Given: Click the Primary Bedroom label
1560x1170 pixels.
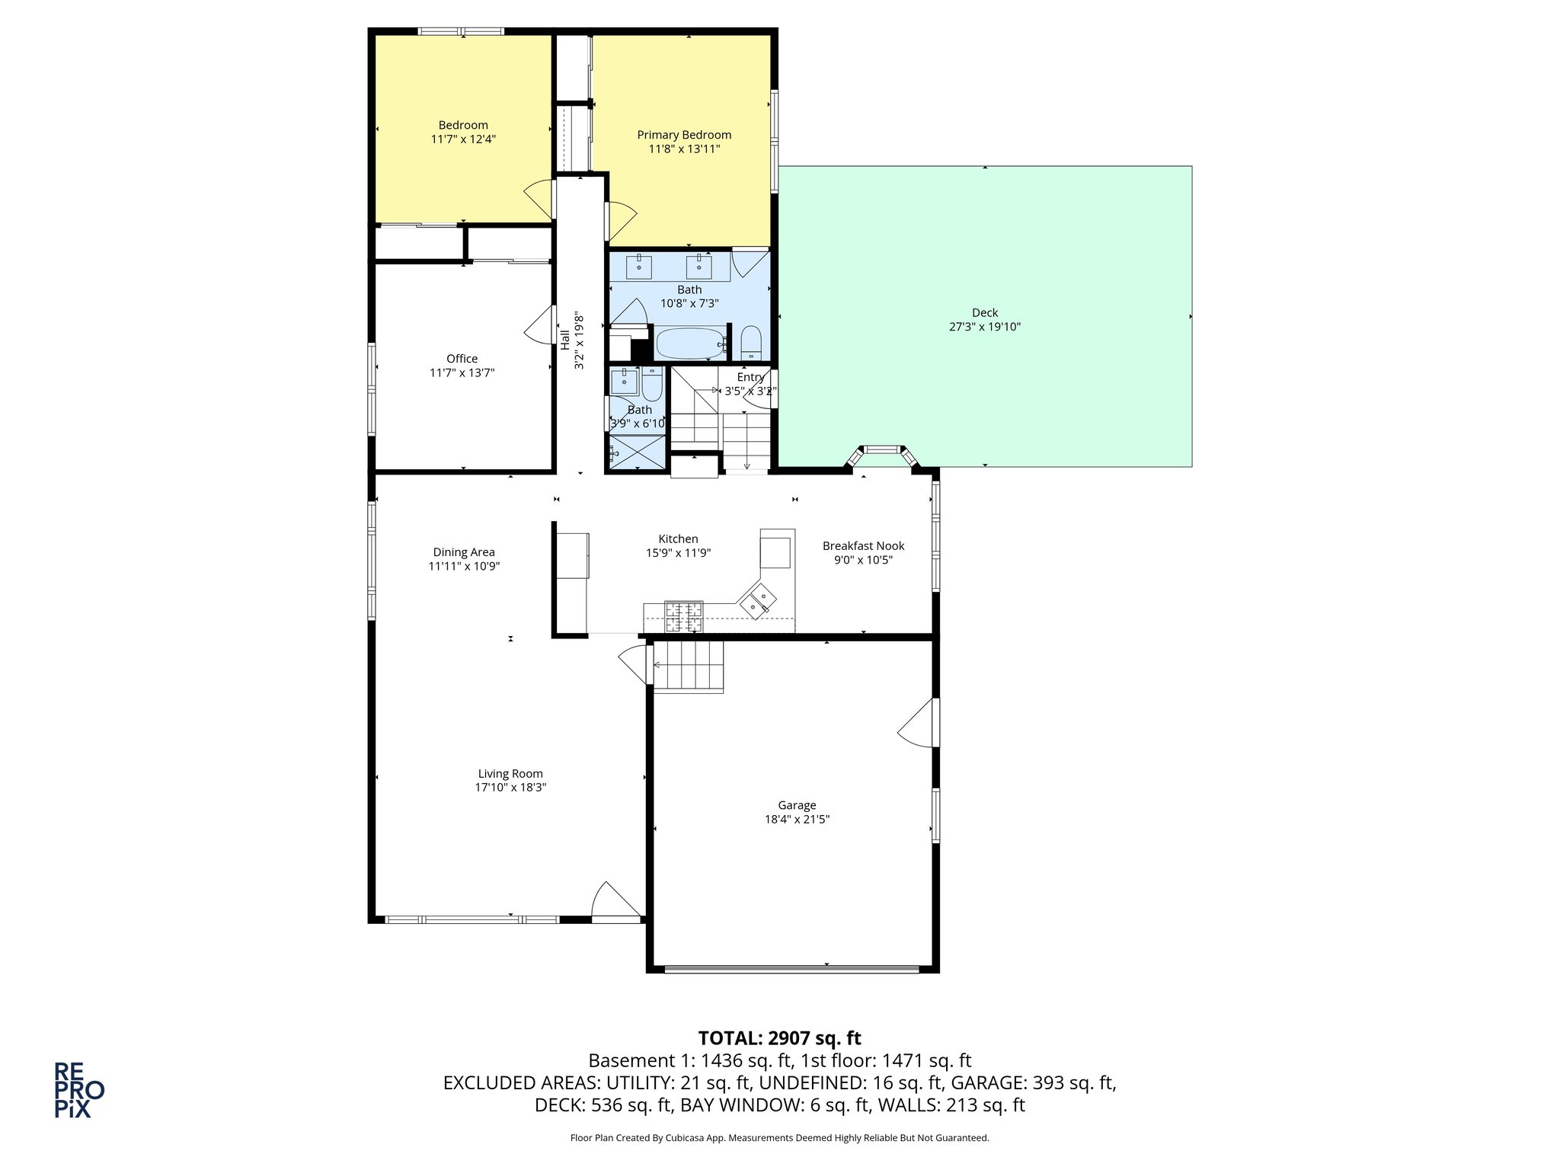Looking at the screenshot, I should [x=684, y=135].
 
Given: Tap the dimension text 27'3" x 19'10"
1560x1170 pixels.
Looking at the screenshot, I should [x=984, y=327].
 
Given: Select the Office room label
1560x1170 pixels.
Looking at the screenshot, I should [x=462, y=359].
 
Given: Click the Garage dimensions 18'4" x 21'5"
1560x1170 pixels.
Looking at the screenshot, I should [x=797, y=820].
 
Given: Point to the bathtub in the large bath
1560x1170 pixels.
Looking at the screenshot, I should [x=689, y=344].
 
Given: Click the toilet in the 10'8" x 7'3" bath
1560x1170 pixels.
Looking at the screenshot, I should [x=751, y=344].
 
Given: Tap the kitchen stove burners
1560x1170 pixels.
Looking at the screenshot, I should [x=684, y=616].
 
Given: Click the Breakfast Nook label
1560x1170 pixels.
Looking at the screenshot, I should [x=863, y=545].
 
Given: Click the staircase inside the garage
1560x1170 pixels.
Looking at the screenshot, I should [x=688, y=667].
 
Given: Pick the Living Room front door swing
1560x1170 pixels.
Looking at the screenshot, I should [x=614, y=901].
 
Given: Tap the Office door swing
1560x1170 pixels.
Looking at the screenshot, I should [x=539, y=325].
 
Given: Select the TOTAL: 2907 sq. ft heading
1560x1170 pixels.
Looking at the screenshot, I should [x=779, y=1038].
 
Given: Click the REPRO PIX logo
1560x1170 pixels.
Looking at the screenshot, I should [x=78, y=1090].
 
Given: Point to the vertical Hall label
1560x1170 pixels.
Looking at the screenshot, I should [x=565, y=340].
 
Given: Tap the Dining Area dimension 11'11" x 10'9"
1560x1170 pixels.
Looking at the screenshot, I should [x=464, y=566].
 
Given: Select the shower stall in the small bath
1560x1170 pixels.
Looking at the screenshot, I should [x=637, y=452].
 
